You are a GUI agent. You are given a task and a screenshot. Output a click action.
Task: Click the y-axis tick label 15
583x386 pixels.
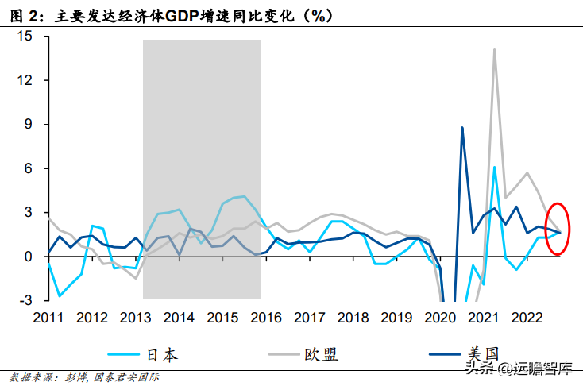25,36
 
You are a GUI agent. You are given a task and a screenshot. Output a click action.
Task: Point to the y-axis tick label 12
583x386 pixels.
25,80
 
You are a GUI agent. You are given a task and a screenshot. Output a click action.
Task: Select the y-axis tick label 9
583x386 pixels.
29,124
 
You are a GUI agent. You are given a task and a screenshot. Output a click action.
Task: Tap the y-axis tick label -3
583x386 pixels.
26,299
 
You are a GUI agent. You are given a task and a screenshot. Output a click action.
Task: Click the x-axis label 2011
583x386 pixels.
48,318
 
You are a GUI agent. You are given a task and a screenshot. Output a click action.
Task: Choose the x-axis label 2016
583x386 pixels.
266,318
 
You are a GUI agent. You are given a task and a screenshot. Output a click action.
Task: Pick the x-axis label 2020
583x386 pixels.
440,318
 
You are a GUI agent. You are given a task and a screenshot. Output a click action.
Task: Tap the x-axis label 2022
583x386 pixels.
527,318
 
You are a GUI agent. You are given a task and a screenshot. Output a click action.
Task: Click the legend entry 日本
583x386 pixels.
163,355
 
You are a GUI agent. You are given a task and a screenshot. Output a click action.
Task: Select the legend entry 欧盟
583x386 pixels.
321,354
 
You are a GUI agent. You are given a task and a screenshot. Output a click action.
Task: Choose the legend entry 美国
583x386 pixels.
483,353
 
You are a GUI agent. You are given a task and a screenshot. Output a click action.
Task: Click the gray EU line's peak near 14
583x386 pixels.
495,49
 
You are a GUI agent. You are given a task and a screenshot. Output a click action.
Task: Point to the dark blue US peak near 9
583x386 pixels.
462,128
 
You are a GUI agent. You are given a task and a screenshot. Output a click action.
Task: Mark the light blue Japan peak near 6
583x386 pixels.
495,168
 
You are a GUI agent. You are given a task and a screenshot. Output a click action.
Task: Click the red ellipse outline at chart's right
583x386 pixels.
546,229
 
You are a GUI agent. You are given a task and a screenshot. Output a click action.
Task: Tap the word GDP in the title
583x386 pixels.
182,16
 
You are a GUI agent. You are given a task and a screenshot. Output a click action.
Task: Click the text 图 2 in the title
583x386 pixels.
24,16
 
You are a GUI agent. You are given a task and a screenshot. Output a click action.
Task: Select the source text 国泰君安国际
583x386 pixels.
126,378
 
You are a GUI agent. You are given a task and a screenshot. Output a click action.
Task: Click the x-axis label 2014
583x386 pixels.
179,318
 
